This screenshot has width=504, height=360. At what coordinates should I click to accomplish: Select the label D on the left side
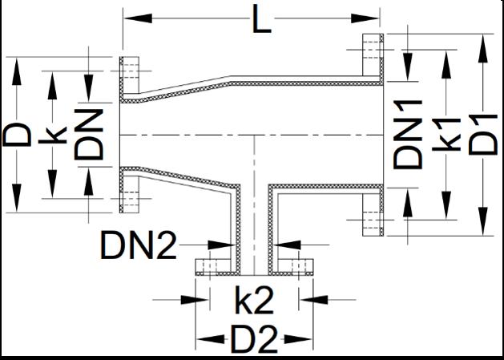point(18,133)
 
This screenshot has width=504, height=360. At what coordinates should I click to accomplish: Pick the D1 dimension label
point(484,133)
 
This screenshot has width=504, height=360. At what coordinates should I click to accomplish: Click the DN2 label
point(138,245)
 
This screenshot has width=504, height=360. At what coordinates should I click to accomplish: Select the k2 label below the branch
point(254,301)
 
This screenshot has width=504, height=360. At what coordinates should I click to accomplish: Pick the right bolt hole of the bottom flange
point(300,267)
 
